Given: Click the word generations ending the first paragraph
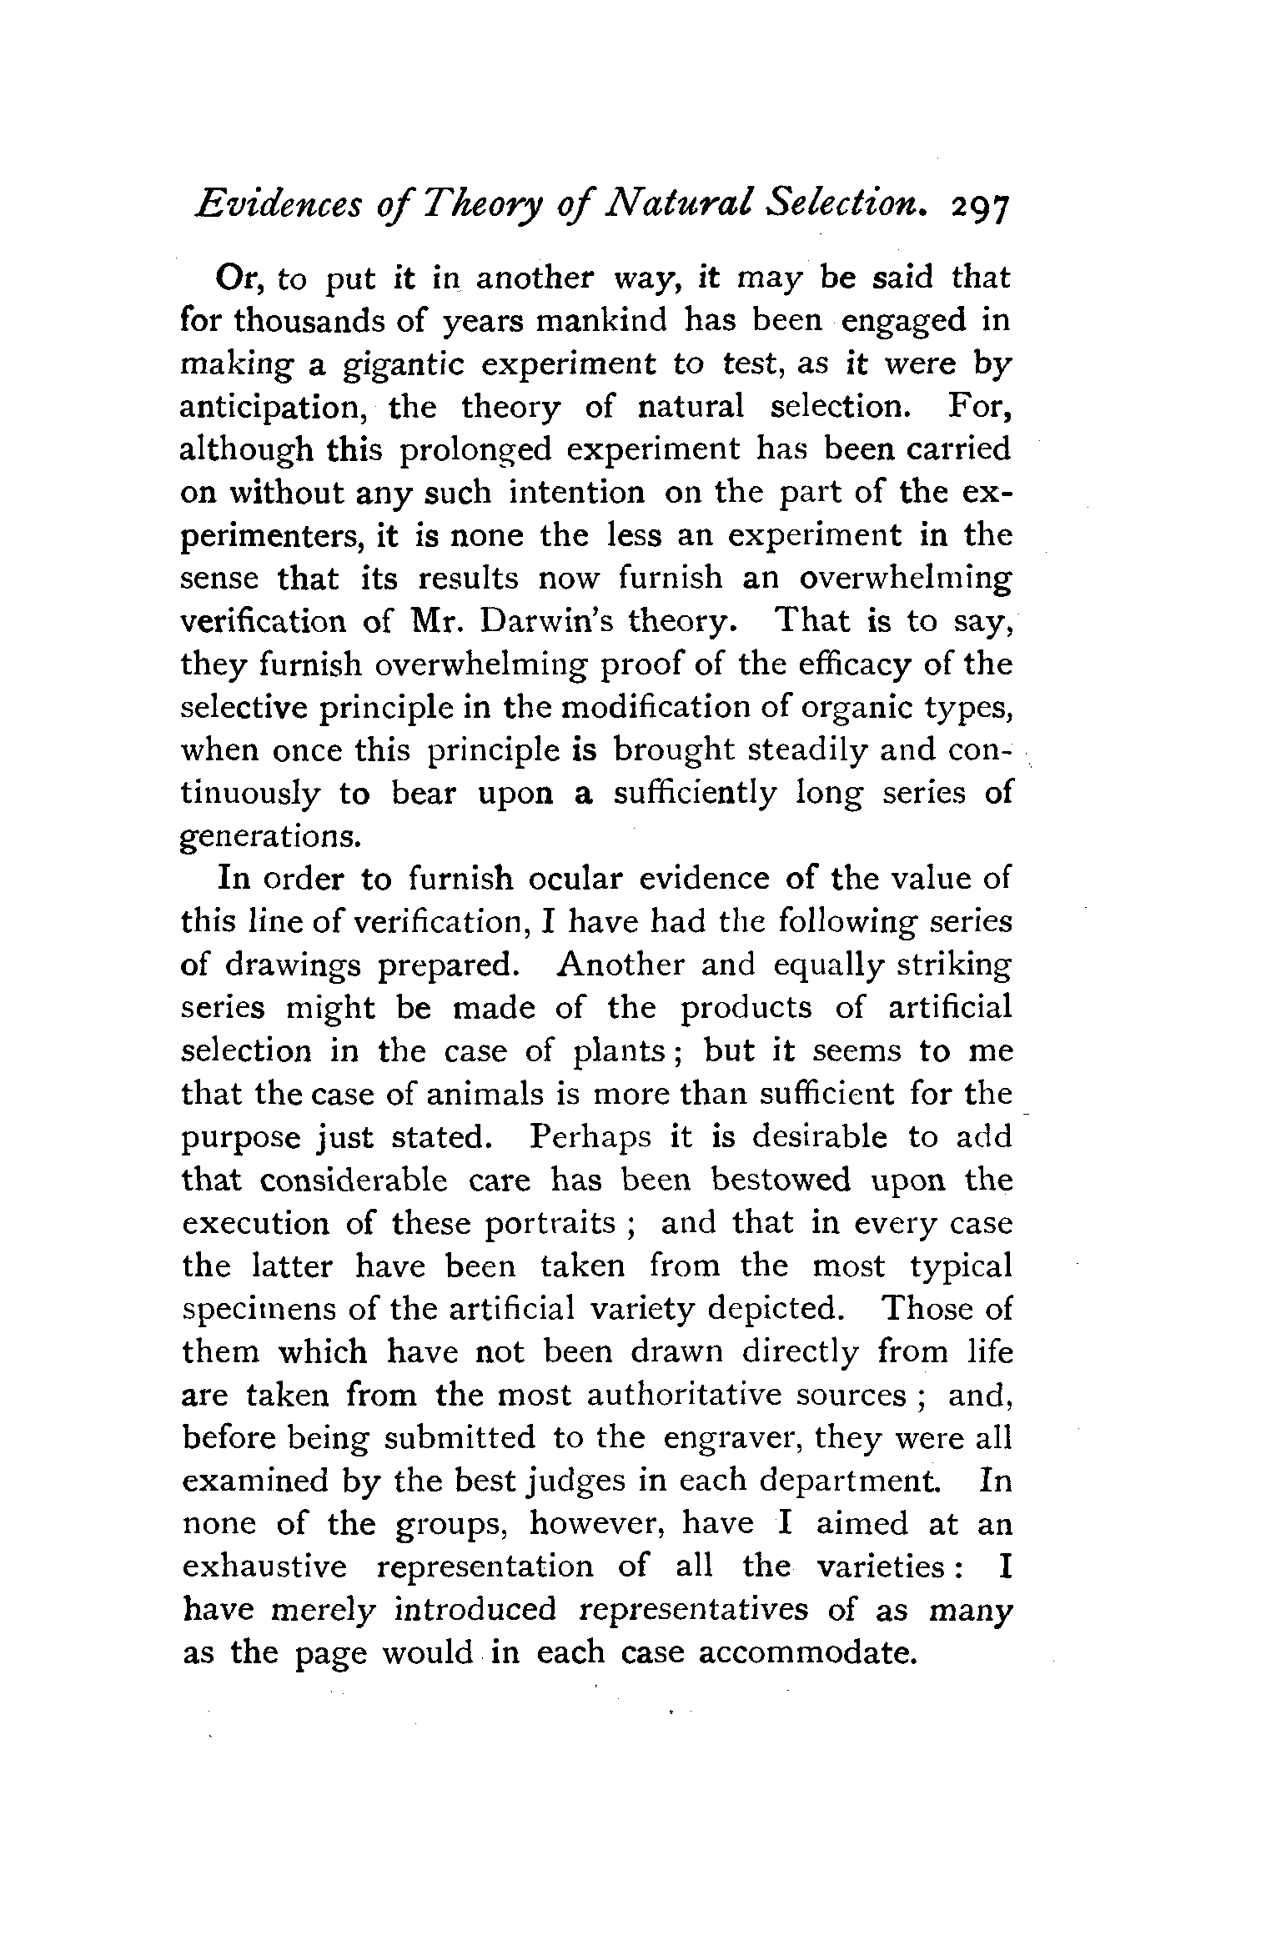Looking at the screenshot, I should tap(270, 836).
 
